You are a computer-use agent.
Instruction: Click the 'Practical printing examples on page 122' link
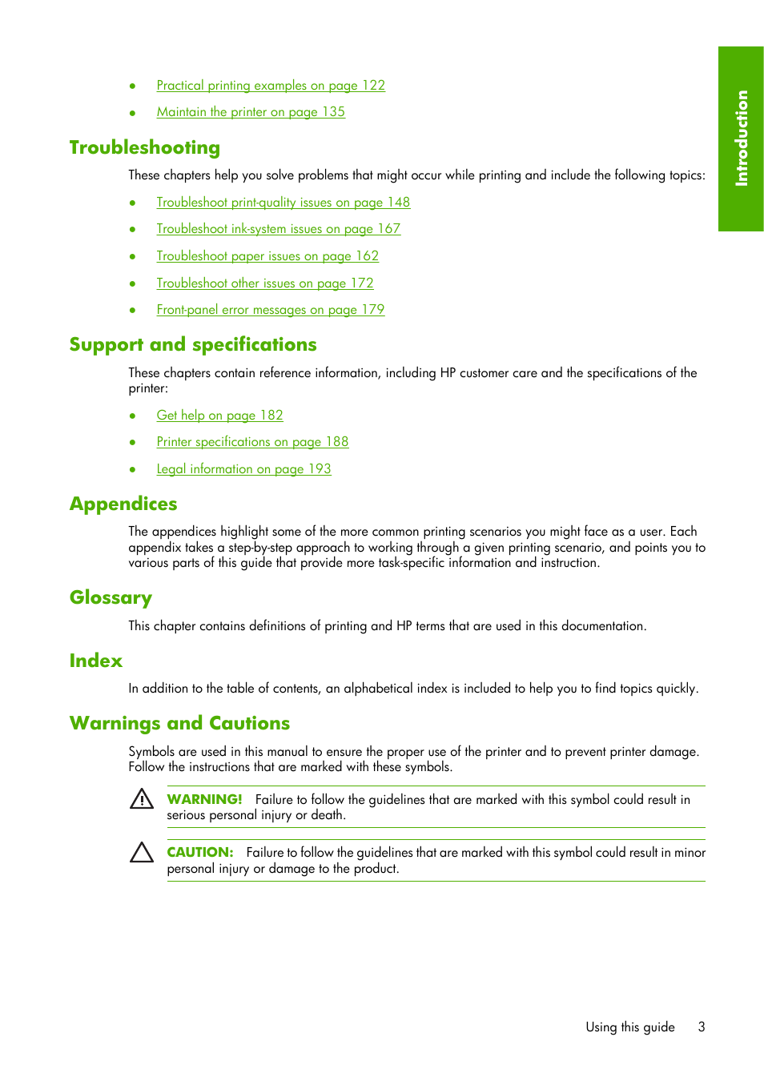pyautogui.click(x=271, y=86)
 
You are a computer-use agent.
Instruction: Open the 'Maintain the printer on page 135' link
pyautogui.click(x=251, y=112)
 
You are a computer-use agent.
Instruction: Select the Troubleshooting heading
pyautogui.click(x=145, y=148)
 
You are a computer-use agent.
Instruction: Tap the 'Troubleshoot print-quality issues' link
pyautogui.click(x=283, y=203)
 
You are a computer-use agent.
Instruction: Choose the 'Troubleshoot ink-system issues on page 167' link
pyautogui.click(x=278, y=229)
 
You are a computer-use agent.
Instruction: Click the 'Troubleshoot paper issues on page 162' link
pyautogui.click(x=267, y=256)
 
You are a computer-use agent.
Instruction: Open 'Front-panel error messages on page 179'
pyautogui.click(x=270, y=310)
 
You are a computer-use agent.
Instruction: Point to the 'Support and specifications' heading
pyautogui.click(x=193, y=345)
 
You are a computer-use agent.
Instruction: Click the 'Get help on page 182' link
pyautogui.click(x=219, y=416)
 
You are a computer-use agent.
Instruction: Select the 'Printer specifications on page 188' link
pyautogui.click(x=252, y=442)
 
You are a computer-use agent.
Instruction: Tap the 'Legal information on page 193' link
pyautogui.click(x=243, y=469)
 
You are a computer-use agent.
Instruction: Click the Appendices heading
pyautogui.click(x=123, y=504)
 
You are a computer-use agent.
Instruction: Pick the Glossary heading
pyautogui.click(x=111, y=598)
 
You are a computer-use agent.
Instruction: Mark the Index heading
pyautogui.click(x=96, y=661)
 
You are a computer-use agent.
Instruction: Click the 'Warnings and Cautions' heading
pyautogui.click(x=179, y=724)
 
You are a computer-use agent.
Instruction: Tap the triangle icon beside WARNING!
pyautogui.click(x=142, y=799)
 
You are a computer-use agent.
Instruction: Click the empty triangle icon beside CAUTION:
pyautogui.click(x=142, y=853)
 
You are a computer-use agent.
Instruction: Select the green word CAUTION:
pyautogui.click(x=200, y=853)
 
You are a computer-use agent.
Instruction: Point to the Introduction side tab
pyautogui.click(x=741, y=139)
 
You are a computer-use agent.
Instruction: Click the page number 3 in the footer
pyautogui.click(x=702, y=1027)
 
